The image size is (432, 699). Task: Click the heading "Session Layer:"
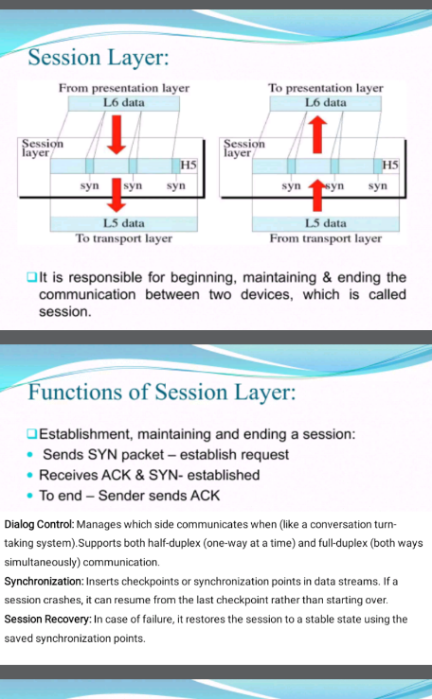point(99,58)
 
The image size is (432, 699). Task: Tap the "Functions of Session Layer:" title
point(162,393)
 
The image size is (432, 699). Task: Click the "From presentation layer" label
point(124,88)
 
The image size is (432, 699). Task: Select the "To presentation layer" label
point(326,88)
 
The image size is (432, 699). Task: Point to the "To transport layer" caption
point(123,238)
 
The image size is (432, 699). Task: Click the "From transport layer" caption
point(326,238)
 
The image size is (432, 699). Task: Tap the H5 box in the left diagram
point(189,166)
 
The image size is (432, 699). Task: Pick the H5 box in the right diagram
point(390,166)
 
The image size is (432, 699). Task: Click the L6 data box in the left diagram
point(124,103)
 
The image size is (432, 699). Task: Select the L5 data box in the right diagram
point(326,223)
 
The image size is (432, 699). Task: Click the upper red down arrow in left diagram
point(117,134)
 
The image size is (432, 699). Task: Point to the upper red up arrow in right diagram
point(317,134)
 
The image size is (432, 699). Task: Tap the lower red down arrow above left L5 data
point(117,195)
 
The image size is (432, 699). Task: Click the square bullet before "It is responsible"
point(31,277)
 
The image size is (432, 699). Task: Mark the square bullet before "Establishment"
point(31,434)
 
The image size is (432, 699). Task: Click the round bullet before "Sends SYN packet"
point(30,455)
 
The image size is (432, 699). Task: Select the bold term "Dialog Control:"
point(39,525)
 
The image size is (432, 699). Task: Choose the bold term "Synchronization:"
point(45,582)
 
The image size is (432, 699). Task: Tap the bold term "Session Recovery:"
point(47,620)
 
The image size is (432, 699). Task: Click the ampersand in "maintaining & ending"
point(327,278)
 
